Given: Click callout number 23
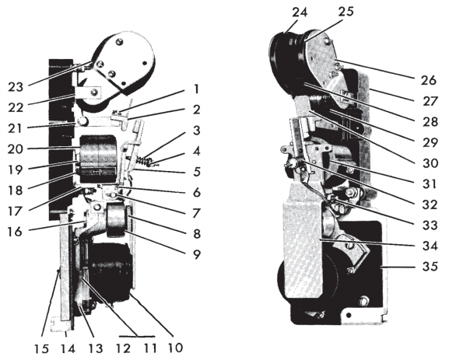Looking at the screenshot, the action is [x=16, y=87].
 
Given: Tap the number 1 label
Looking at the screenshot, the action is [x=196, y=89].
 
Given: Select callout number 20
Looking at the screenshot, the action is [x=15, y=149].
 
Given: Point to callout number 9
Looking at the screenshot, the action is [x=197, y=254].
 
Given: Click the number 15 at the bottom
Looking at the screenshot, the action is [x=41, y=349].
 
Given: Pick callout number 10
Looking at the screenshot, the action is [x=175, y=348].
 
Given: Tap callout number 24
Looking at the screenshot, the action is [x=300, y=12].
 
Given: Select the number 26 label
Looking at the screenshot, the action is [x=429, y=80].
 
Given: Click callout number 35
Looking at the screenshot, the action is [x=430, y=266].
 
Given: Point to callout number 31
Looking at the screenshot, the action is [x=430, y=183].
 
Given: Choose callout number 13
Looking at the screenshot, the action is [x=96, y=349].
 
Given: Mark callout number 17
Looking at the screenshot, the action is [x=15, y=211].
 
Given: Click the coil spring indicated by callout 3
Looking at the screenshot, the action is [x=144, y=161].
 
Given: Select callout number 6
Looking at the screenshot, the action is [x=197, y=192].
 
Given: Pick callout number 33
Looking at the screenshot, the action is [x=430, y=225].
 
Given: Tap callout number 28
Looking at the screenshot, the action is [x=430, y=121].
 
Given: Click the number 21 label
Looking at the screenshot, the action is [x=15, y=128].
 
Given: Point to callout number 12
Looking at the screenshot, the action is [x=123, y=349].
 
